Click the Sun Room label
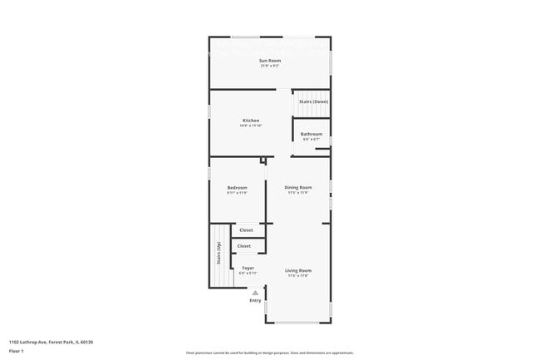pos(269,61)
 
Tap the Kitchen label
pos(250,121)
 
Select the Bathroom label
pos(312,134)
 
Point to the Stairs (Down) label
pos(314,101)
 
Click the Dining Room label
pos(297,187)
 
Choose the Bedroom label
pos(237,187)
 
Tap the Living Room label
pos(298,270)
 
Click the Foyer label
pos(248,268)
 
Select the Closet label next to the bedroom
pos(246,229)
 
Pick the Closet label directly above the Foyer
pos(244,246)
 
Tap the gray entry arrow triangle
pos(255,292)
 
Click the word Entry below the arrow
pos(255,300)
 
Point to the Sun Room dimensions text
pos(269,66)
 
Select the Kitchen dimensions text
pos(250,126)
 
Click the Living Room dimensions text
pos(298,276)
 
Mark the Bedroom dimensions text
pos(237,193)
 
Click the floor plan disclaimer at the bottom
pos(269,353)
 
